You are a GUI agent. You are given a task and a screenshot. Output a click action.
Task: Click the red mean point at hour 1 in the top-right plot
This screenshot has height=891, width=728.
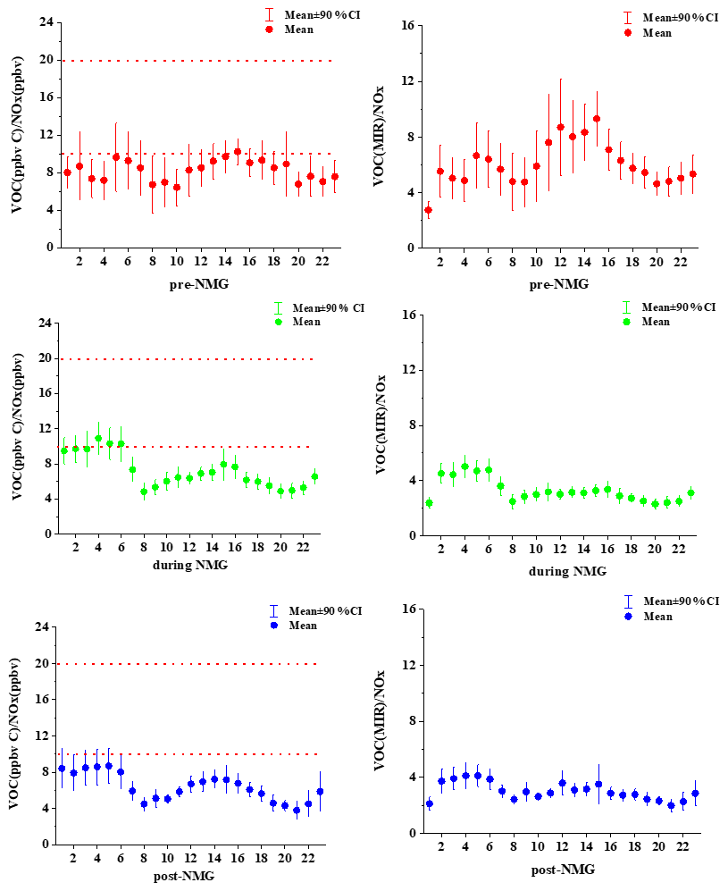click(428, 210)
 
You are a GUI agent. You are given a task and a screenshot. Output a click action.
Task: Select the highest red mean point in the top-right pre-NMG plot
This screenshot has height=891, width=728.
click(596, 119)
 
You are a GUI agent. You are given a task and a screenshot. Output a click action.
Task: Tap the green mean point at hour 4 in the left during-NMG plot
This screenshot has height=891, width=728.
click(98, 439)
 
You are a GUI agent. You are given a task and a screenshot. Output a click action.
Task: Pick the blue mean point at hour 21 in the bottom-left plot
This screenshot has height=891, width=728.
click(297, 811)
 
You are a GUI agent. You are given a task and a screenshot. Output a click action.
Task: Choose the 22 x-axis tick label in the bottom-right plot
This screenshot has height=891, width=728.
click(681, 847)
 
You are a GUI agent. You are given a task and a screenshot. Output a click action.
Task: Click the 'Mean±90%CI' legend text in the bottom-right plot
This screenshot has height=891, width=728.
click(680, 601)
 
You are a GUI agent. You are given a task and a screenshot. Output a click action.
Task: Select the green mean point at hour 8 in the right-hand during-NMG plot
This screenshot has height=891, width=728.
click(513, 501)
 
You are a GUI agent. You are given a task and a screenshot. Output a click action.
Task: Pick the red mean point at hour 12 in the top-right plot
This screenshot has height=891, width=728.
click(560, 127)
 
